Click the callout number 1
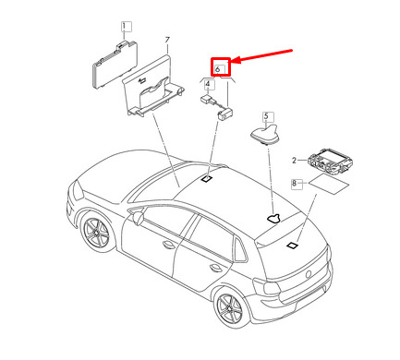click(124, 27)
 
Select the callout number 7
click(167, 41)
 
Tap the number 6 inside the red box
click(218, 69)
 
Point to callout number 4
click(208, 84)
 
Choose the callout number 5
click(266, 116)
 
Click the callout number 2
click(294, 161)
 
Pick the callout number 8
click(295, 184)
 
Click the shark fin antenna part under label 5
click(265, 135)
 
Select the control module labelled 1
click(115, 65)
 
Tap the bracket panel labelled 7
click(152, 88)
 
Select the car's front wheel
click(97, 233)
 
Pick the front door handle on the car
click(169, 245)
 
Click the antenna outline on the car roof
click(273, 218)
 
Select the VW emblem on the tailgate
click(309, 274)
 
